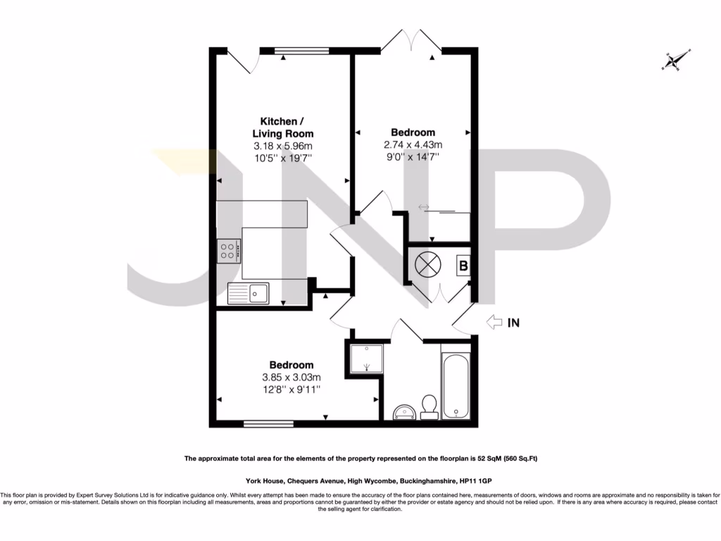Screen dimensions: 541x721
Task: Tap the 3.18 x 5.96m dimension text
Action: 283,146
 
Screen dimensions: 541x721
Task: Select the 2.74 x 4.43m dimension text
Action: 413,145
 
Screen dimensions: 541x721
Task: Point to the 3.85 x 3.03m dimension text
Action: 291,377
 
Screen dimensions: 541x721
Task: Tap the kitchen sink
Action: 249,292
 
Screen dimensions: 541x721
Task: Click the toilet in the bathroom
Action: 428,406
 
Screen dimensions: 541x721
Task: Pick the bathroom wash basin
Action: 403,411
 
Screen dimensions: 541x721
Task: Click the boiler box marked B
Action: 463,266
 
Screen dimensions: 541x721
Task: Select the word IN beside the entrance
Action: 514,323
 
